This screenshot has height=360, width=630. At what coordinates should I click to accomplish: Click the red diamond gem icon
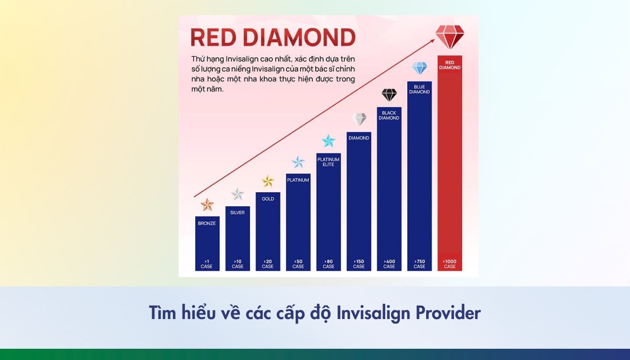pos(450,36)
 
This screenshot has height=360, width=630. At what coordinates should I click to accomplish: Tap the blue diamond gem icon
pos(419,68)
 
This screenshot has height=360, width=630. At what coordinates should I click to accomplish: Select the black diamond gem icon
pos(389,95)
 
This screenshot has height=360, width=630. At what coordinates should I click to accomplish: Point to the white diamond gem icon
pos(359,119)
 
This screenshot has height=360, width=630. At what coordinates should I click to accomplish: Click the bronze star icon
pos(207,205)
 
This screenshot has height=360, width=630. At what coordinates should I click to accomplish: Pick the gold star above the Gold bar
pos(268,181)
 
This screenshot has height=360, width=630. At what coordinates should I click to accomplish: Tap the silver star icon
pos(238,194)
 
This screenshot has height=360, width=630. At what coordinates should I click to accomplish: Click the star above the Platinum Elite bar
pos(328,141)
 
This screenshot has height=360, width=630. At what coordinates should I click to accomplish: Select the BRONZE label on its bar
pos(207,223)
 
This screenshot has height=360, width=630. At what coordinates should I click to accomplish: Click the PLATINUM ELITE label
pos(328,162)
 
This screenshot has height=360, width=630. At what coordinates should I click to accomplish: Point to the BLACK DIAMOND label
pos(389,115)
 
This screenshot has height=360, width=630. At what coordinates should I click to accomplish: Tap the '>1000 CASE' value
pos(450,264)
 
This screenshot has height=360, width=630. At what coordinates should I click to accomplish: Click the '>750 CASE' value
pos(419,264)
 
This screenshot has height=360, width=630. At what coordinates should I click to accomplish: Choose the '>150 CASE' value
pos(359,264)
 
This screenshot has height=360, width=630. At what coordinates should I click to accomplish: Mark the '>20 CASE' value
pos(268,264)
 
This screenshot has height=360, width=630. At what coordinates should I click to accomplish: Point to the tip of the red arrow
pos(434,39)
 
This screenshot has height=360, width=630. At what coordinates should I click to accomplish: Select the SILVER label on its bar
pos(238,212)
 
